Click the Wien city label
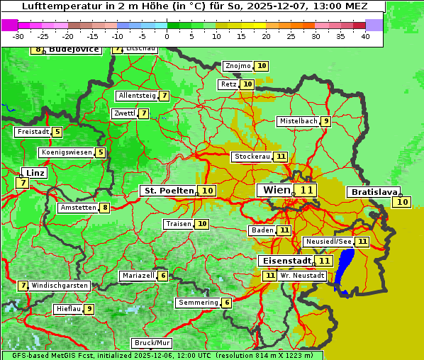[x=277, y=190]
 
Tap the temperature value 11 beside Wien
[x=306, y=190]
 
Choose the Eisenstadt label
[x=284, y=261]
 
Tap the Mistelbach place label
[x=298, y=121]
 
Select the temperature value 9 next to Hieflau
[x=89, y=309]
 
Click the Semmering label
[x=198, y=303]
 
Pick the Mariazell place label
[x=138, y=276]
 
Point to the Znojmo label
[x=238, y=66]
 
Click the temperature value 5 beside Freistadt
[x=57, y=132]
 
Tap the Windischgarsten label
[x=60, y=286]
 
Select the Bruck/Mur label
[x=152, y=343]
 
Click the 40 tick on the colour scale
[x=365, y=36]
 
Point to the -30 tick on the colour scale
[x=18, y=36]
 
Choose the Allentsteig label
[x=137, y=96]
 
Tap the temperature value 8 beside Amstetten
[x=105, y=208]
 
